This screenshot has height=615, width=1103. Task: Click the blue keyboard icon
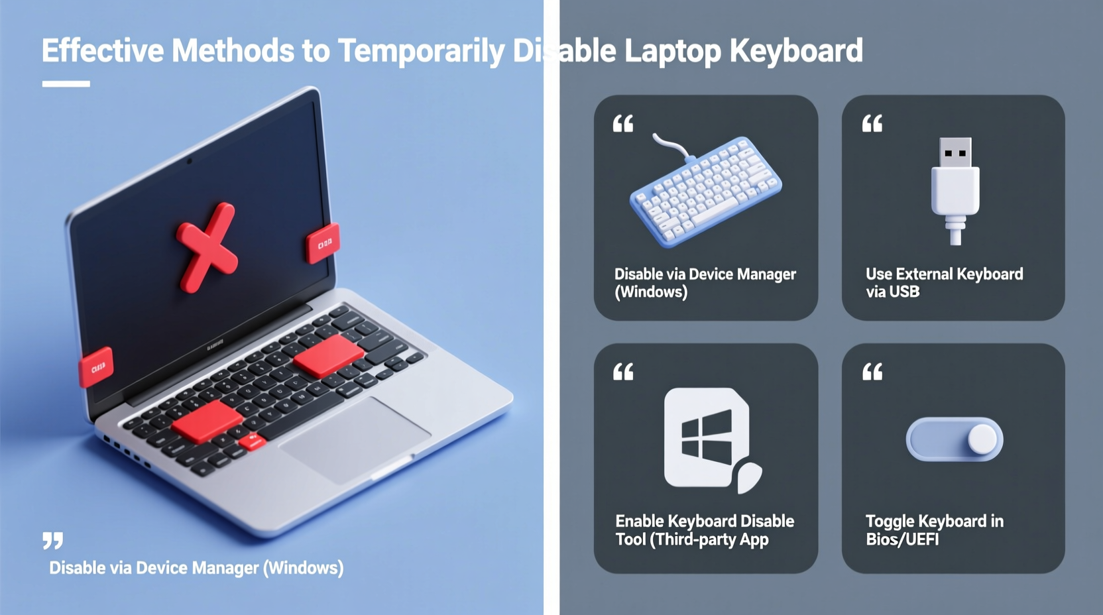(x=707, y=192)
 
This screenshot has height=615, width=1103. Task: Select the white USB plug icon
(x=955, y=190)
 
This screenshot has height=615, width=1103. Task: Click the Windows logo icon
(x=707, y=438)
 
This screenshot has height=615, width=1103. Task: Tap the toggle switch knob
(x=982, y=439)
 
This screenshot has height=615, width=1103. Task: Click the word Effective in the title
(x=103, y=51)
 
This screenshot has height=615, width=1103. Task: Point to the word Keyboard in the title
(x=796, y=51)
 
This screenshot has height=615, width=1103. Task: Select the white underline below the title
(x=66, y=84)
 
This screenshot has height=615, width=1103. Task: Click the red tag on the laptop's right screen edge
(x=323, y=243)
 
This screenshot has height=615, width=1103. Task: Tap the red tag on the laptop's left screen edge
(x=97, y=366)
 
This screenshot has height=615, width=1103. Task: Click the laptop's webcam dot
(x=190, y=160)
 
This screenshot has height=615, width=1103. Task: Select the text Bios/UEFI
(x=902, y=539)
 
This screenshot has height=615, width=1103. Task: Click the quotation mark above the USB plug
(x=872, y=123)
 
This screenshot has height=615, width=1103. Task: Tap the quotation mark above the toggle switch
(x=872, y=372)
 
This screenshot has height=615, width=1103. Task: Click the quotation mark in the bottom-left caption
(x=53, y=540)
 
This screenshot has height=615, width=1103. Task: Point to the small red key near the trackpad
(x=252, y=441)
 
